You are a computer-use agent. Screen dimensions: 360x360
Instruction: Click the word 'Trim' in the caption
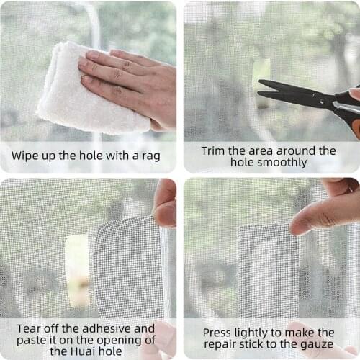217,150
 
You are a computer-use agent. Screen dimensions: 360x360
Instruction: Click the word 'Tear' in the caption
30,328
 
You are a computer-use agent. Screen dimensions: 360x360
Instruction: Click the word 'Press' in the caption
218,333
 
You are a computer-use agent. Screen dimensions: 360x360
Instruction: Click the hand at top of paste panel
166,202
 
